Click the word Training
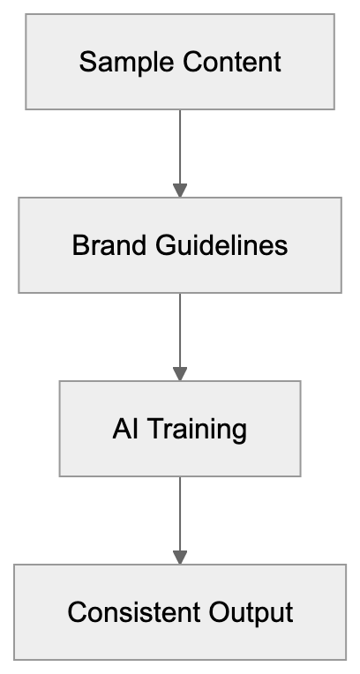[x=196, y=430]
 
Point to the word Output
[x=253, y=612]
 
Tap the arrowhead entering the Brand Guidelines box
[x=180, y=190]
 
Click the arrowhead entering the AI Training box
[x=180, y=373]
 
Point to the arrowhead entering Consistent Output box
[x=180, y=558]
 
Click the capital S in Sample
[x=86, y=63]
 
